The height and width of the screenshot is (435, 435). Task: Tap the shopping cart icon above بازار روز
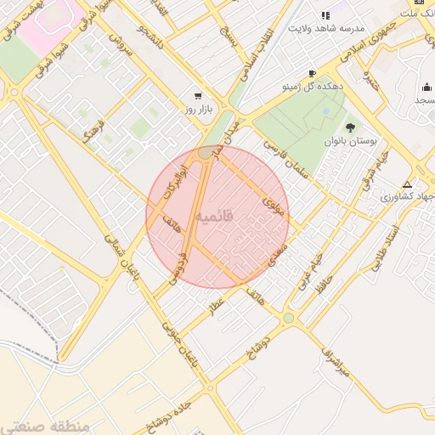pyautogui.click(x=198, y=96)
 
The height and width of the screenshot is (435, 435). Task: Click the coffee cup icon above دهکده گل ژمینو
pyautogui.click(x=312, y=74)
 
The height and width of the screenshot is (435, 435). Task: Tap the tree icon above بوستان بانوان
pyautogui.click(x=350, y=127)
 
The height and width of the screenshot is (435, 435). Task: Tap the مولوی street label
pyautogui.click(x=273, y=204)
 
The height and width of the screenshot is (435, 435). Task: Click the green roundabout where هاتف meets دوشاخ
pyautogui.click(x=288, y=318)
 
